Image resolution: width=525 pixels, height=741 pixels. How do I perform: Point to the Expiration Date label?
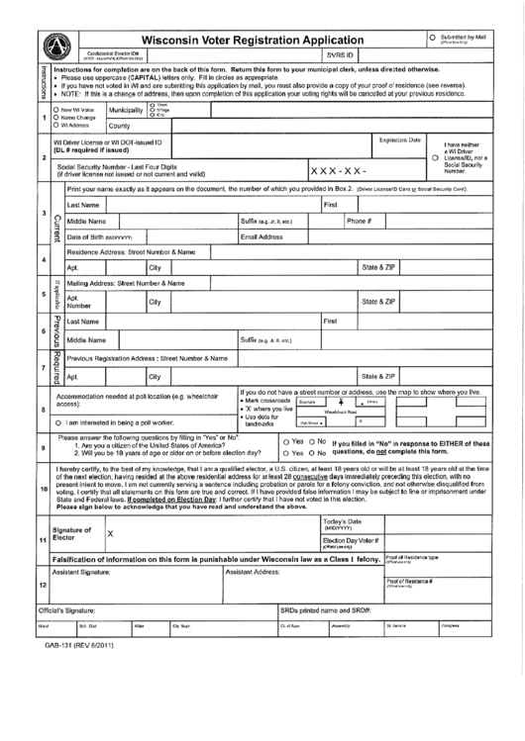click(x=400, y=141)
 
